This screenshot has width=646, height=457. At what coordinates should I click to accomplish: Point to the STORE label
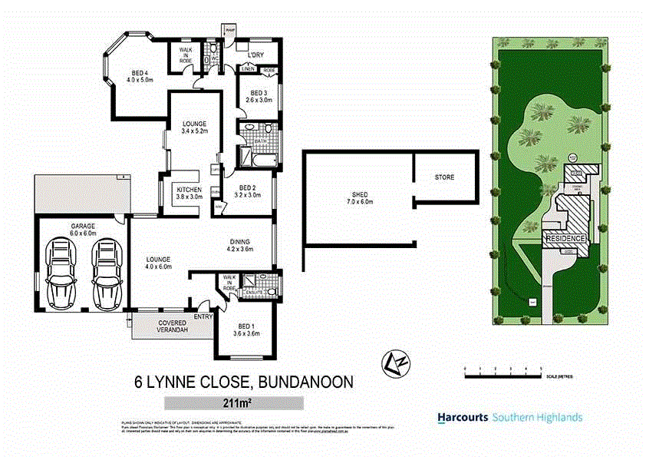(444, 177)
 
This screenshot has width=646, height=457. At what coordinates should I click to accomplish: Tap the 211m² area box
(234, 402)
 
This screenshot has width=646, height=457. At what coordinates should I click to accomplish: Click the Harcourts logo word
(462, 418)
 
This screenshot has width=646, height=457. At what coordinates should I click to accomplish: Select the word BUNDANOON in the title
(305, 381)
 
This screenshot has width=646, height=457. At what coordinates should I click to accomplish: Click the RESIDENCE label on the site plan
(565, 239)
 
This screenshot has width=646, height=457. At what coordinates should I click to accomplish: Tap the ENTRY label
(203, 316)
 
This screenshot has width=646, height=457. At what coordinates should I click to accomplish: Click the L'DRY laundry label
(257, 56)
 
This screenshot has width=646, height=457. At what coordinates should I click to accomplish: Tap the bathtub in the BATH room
(257, 160)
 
